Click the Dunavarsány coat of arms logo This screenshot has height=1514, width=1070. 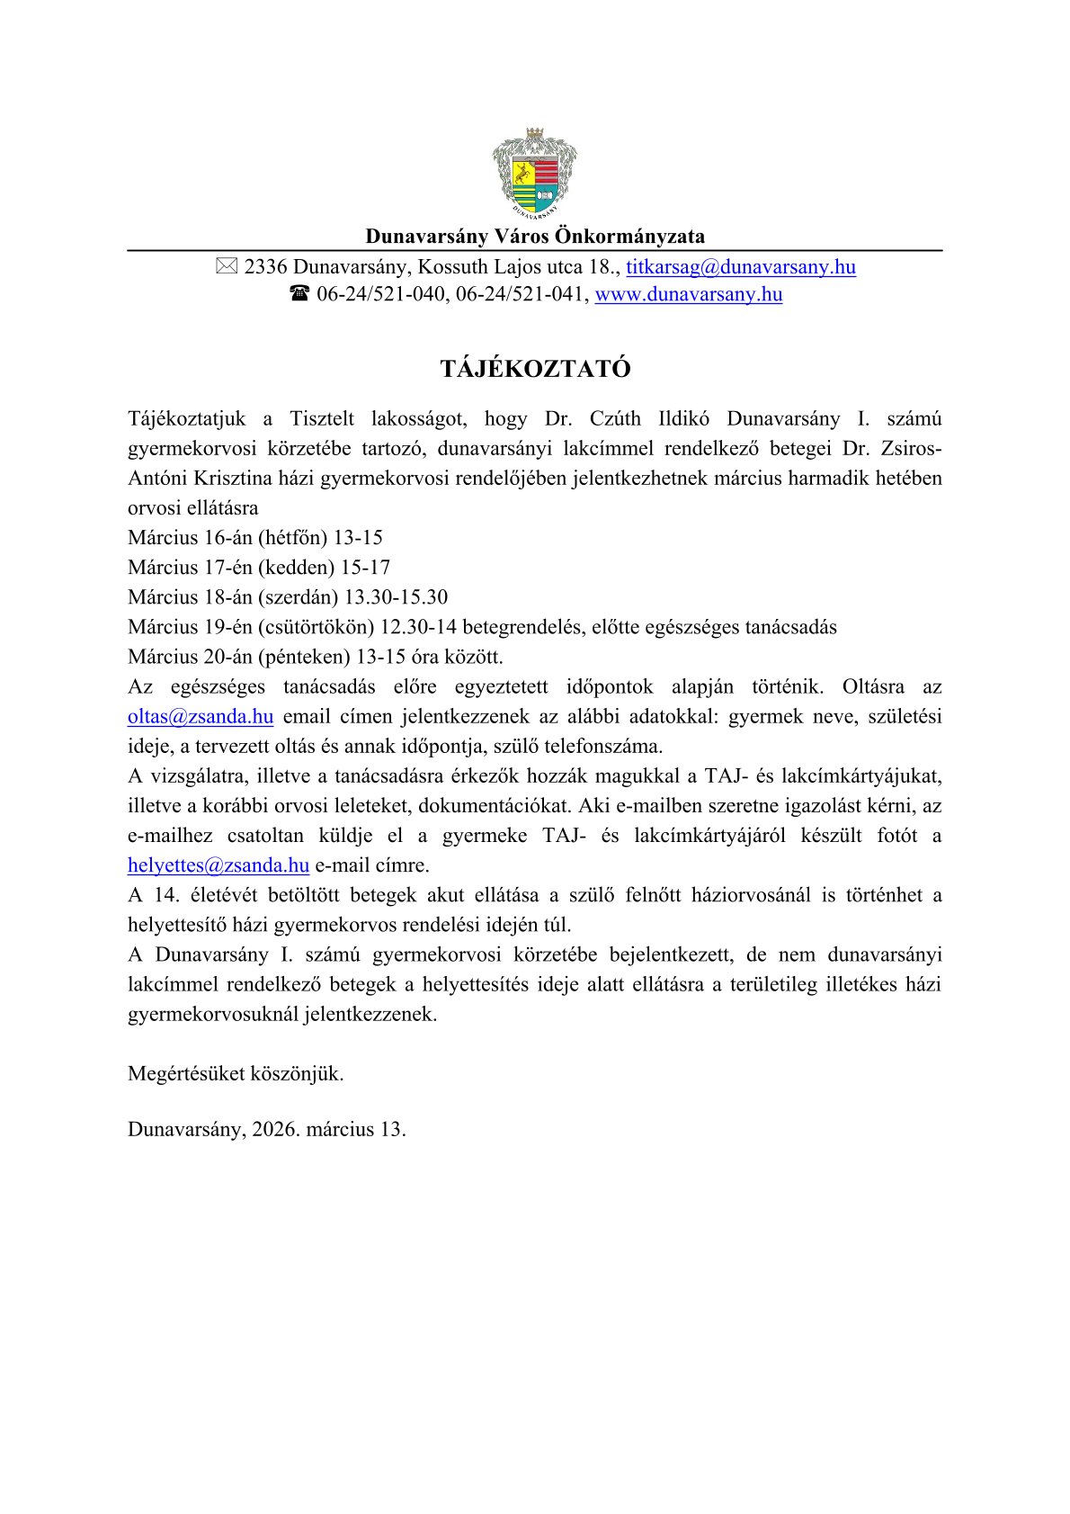(x=534, y=174)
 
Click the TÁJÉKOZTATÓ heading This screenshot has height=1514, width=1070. (x=535, y=369)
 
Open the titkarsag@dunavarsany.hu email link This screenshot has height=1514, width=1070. (x=741, y=267)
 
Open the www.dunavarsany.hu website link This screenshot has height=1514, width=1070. (x=689, y=294)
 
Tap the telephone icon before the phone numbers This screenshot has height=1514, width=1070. (x=299, y=294)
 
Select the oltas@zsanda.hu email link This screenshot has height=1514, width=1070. (x=201, y=717)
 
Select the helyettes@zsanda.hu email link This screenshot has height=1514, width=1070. (x=218, y=865)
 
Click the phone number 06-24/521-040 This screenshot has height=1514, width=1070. (x=381, y=294)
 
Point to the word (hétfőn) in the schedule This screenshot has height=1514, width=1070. (x=292, y=538)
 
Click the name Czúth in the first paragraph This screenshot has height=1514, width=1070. (x=615, y=419)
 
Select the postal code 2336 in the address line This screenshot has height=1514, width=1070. (x=265, y=267)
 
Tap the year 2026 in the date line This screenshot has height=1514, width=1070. (x=275, y=1130)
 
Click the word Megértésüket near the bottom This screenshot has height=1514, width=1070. (x=187, y=1073)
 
